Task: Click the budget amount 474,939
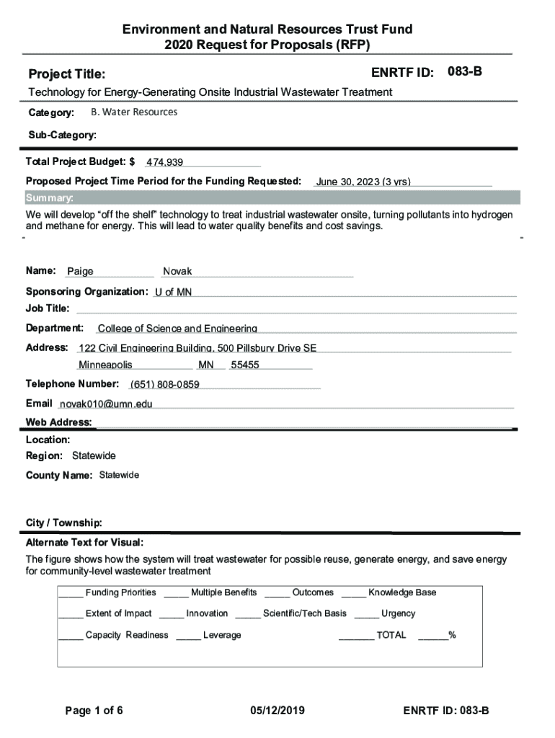tap(164, 162)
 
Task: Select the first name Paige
tap(80, 272)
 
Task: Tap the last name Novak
tap(177, 272)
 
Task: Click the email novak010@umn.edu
tap(106, 404)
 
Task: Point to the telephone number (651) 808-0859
tap(164, 384)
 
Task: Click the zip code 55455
tap(245, 365)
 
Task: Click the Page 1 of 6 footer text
tap(94, 711)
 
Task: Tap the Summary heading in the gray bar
tap(49, 198)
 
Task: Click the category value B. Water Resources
tap(134, 112)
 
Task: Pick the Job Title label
tap(48, 308)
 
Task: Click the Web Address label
tap(58, 422)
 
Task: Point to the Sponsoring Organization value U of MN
tap(173, 292)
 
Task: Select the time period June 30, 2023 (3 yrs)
tap(363, 182)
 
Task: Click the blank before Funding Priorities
tap(71, 593)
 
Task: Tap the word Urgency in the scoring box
tap(398, 613)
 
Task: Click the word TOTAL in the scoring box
tap(391, 635)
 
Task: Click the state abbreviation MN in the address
tap(206, 365)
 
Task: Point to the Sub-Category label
tap(61, 135)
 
